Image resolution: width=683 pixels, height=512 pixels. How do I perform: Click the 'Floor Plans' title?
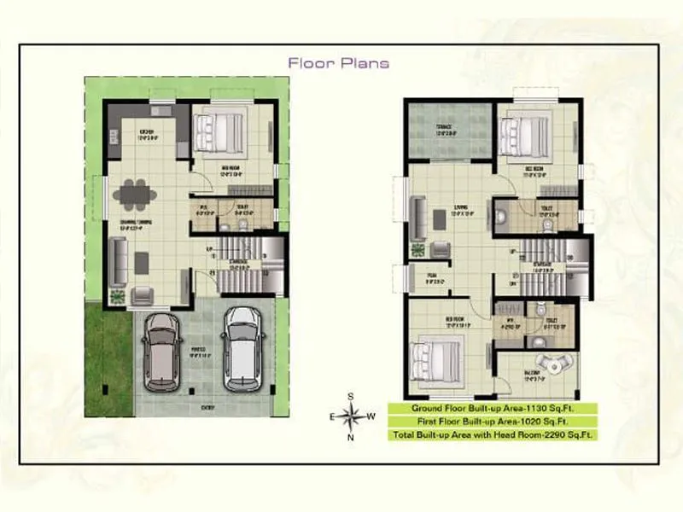339,62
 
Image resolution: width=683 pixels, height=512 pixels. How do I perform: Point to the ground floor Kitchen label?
148,133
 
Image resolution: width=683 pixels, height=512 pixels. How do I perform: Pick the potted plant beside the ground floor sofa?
117,296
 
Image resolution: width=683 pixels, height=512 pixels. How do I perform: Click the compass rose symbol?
349,416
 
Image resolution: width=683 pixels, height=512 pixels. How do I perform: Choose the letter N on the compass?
350,438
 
